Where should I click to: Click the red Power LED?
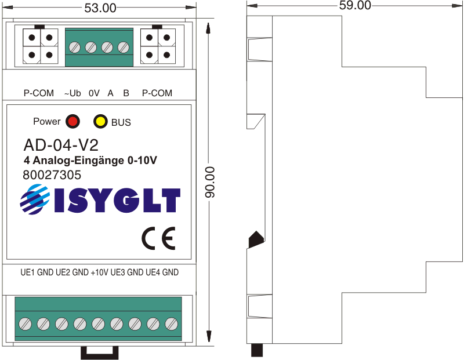[x=73, y=121]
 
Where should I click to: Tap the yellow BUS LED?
[x=100, y=121]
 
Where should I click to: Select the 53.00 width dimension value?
[x=100, y=8]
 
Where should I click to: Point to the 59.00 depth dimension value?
[x=355, y=5]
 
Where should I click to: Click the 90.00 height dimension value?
[x=210, y=182]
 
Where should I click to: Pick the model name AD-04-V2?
[x=61, y=145]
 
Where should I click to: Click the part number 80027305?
[x=52, y=175]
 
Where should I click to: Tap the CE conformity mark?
[x=158, y=238]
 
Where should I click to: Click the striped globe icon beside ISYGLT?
[x=35, y=199]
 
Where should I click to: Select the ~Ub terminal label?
[x=72, y=93]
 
